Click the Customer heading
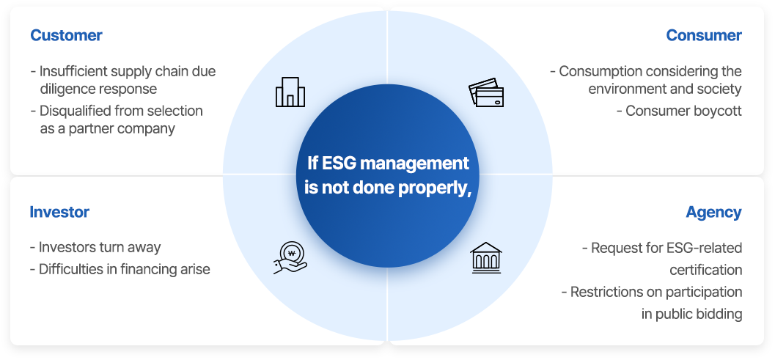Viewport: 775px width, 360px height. (66, 36)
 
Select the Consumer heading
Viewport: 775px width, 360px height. (704, 36)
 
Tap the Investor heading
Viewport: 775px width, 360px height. (59, 212)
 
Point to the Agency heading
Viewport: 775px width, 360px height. (713, 212)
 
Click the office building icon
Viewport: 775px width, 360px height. (290, 92)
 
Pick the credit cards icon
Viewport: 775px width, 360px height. (486, 92)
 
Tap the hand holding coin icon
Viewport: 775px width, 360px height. (290, 257)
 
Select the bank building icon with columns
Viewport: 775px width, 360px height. (486, 257)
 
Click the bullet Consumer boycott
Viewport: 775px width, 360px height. (679, 111)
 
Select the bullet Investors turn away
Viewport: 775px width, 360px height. (95, 247)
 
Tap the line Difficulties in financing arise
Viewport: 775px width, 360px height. (120, 269)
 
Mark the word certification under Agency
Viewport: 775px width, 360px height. (706, 270)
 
